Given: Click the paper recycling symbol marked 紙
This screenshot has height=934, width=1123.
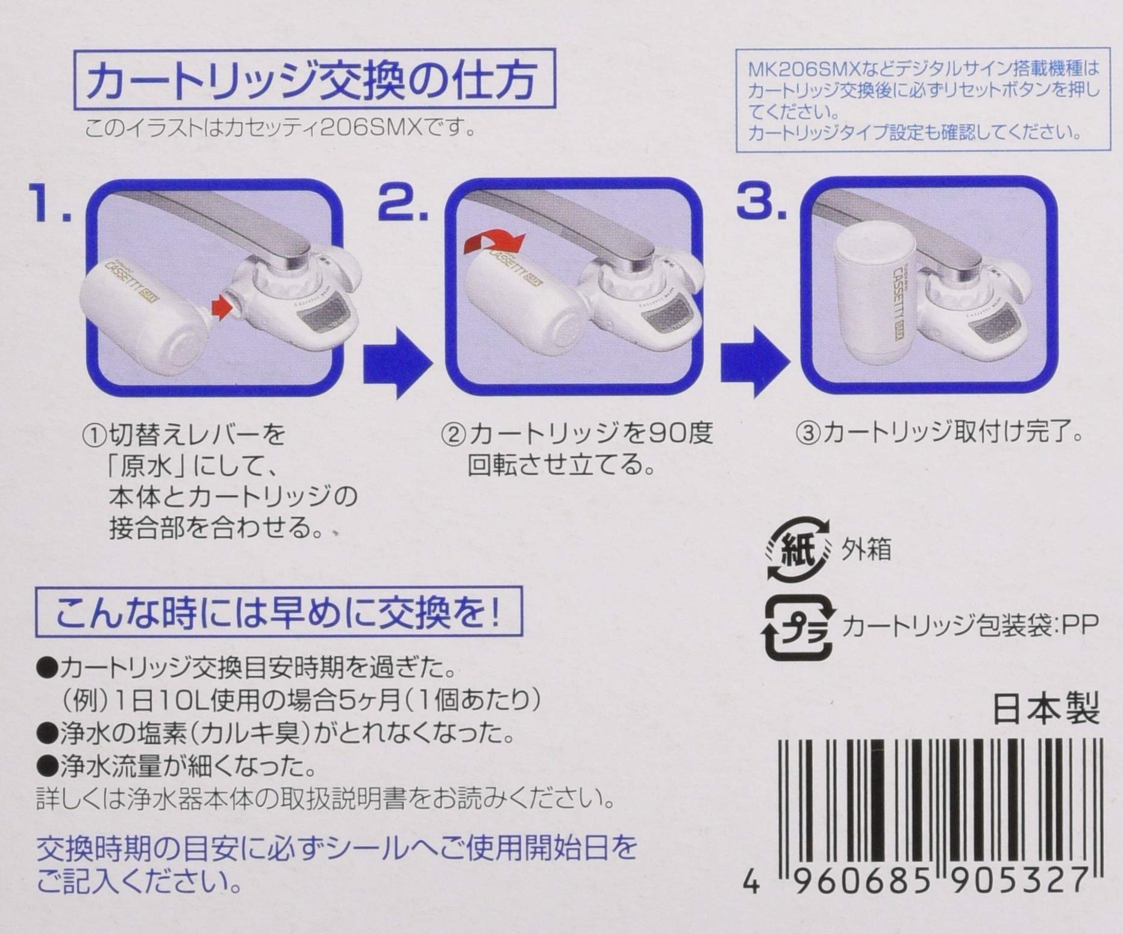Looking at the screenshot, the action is click(x=796, y=551).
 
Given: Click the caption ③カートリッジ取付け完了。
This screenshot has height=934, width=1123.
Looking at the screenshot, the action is click(x=939, y=433).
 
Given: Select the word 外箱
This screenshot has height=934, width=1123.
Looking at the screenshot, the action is click(x=866, y=550).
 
